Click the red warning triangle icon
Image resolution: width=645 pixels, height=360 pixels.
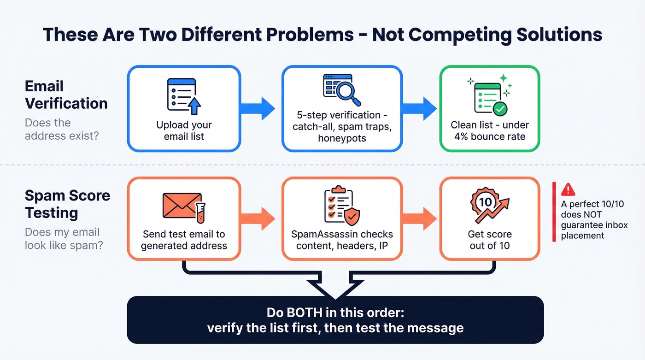click(x=569, y=189)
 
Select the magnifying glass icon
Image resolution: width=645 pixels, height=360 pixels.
click(x=347, y=93)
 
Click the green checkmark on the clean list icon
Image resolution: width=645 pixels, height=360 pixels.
click(x=499, y=109)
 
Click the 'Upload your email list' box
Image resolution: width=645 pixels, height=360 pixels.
click(x=184, y=109)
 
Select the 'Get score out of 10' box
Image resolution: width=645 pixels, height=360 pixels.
click(x=489, y=219)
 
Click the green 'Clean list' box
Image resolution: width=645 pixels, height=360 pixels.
click(x=489, y=109)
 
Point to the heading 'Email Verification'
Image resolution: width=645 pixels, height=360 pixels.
click(x=66, y=94)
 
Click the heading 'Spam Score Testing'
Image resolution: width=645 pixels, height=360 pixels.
click(x=67, y=204)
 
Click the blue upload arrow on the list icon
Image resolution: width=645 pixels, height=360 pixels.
click(x=195, y=106)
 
